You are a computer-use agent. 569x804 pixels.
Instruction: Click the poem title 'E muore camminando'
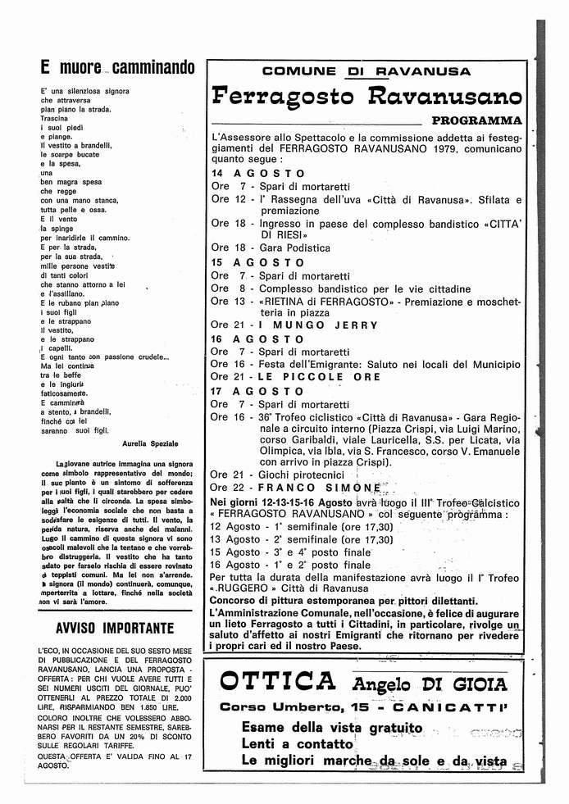pyautogui.click(x=117, y=66)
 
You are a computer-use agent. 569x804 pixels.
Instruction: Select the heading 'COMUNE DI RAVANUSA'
pyautogui.click(x=366, y=71)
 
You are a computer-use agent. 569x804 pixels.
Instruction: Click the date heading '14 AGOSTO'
pyautogui.click(x=257, y=174)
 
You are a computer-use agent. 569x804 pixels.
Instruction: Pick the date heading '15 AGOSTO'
pyautogui.click(x=257, y=262)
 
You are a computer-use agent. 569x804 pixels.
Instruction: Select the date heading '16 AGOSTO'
pyautogui.click(x=257, y=338)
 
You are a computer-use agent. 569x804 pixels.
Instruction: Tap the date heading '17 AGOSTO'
pyautogui.click(x=257, y=391)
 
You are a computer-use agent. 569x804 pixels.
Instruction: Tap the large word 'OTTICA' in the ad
pyautogui.click(x=278, y=682)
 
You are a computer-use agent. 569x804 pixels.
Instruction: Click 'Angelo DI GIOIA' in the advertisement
pyautogui.click(x=430, y=684)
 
